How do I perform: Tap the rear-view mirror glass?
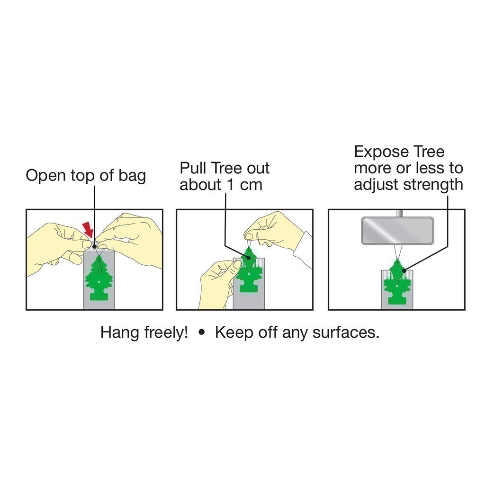click(x=397, y=231)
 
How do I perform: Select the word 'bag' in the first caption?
click(x=133, y=176)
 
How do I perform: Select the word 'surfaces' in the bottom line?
click(x=345, y=333)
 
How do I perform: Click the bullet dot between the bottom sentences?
click(x=202, y=332)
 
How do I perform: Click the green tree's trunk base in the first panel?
click(x=99, y=296)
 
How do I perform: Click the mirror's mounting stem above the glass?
click(x=399, y=214)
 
